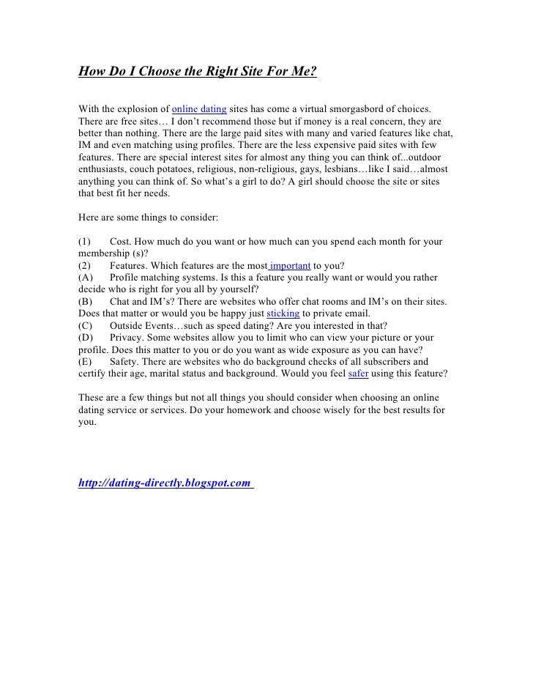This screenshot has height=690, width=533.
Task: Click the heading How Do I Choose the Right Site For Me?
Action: pyautogui.click(x=197, y=73)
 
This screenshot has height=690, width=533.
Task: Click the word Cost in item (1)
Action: pyautogui.click(x=120, y=241)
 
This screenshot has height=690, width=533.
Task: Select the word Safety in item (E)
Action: pyautogui.click(x=125, y=361)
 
